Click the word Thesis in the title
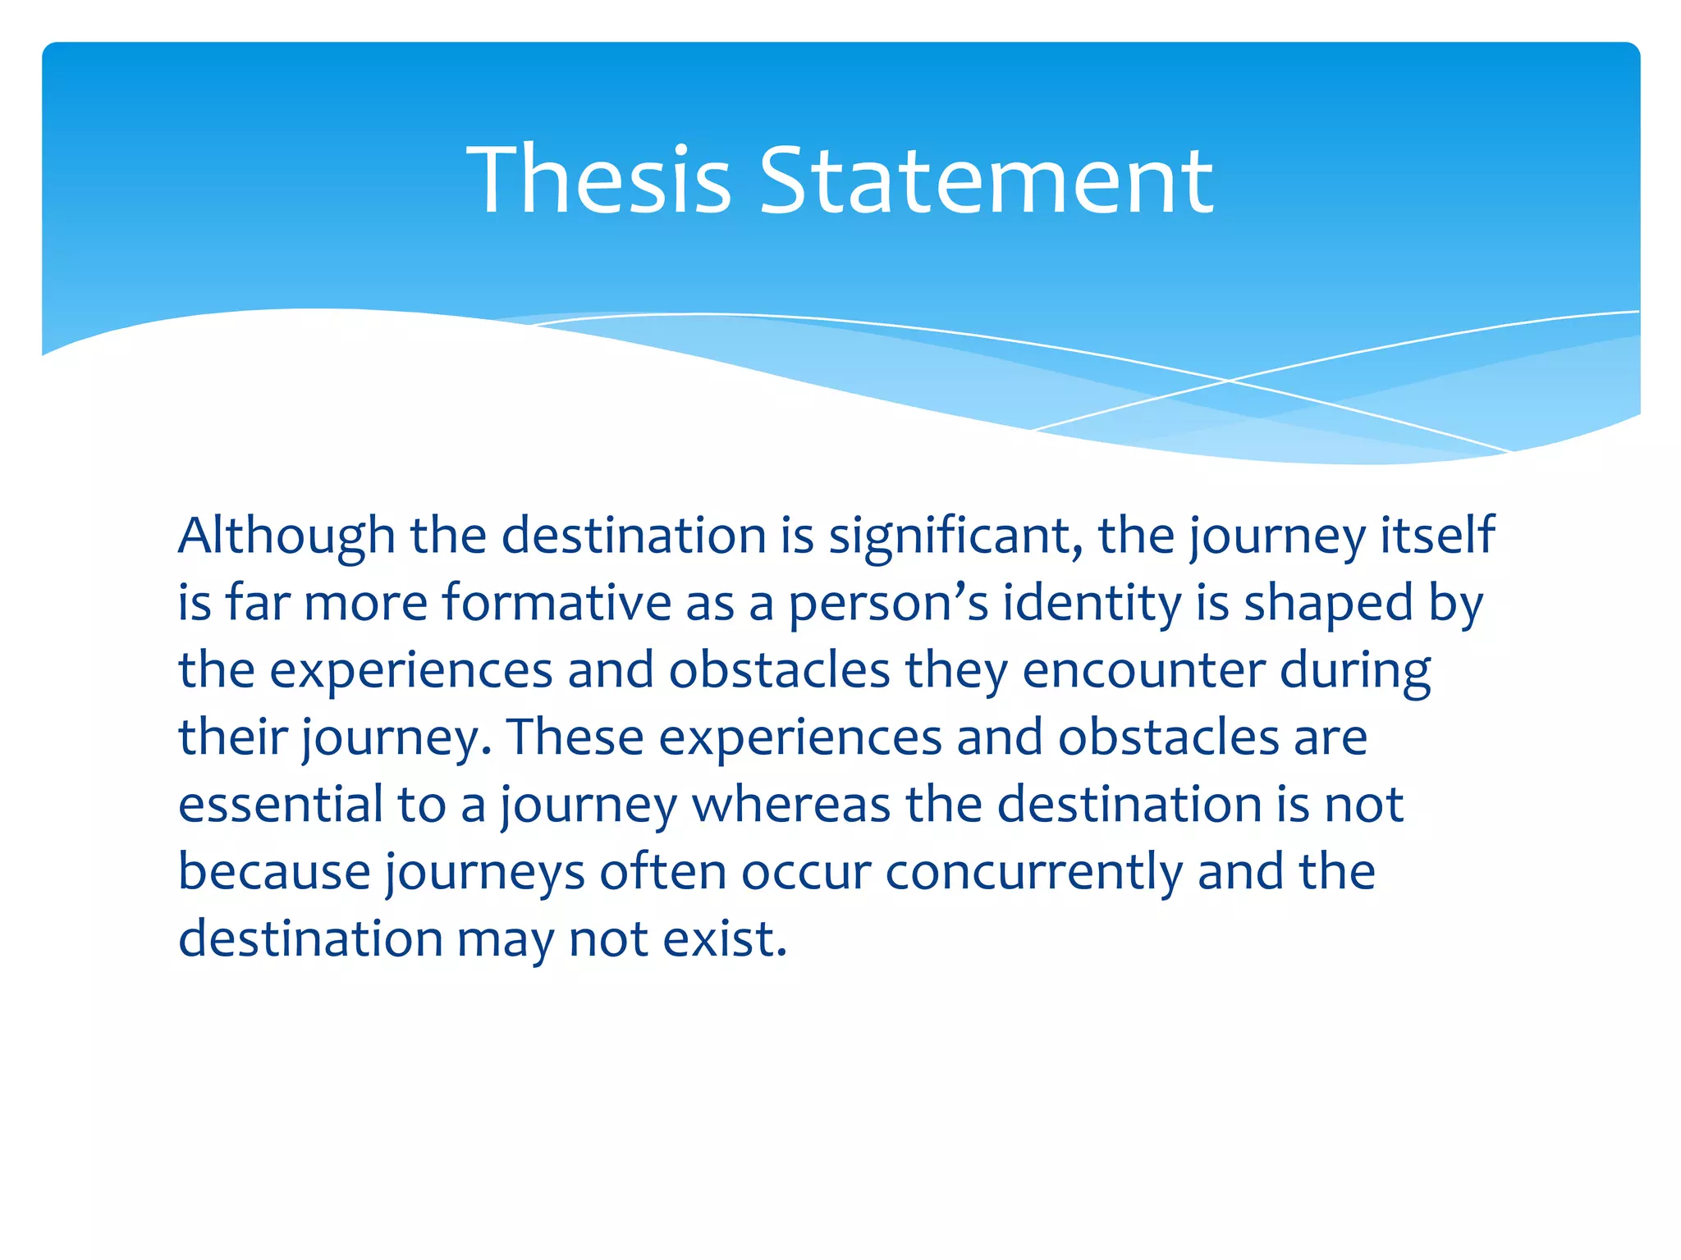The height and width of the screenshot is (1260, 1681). click(x=599, y=179)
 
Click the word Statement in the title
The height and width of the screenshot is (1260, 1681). click(x=986, y=179)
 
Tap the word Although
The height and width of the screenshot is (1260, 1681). click(x=286, y=536)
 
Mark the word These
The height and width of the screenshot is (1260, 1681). click(x=575, y=737)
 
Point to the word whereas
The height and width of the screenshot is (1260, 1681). click(x=791, y=804)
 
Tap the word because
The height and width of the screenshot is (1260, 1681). click(x=274, y=871)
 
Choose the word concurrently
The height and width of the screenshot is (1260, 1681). click(x=1033, y=871)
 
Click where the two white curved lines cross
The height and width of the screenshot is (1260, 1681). click(x=1229, y=381)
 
